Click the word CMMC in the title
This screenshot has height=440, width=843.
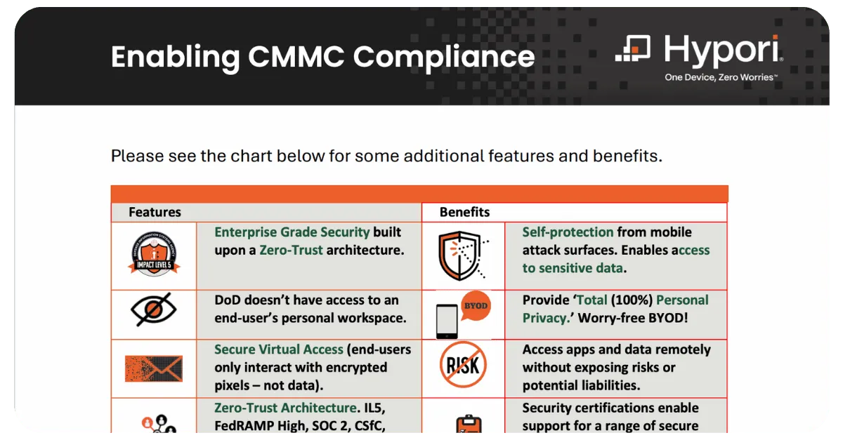[x=296, y=57]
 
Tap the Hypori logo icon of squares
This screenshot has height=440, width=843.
[x=633, y=48]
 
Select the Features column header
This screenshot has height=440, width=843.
[x=155, y=212]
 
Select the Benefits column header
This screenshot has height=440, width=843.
[x=464, y=212]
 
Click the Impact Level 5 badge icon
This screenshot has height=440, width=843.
[x=154, y=254]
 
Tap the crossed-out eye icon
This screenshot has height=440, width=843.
[x=154, y=309]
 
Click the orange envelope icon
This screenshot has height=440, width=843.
[x=154, y=368]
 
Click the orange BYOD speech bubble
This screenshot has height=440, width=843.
[x=476, y=306]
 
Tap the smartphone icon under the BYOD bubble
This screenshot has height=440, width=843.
[x=447, y=321]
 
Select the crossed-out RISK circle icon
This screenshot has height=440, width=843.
[x=463, y=365]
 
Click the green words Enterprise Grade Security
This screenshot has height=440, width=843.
[x=292, y=232]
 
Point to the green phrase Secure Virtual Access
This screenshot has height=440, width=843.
[x=279, y=349]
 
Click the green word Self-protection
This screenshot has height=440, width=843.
[x=568, y=232]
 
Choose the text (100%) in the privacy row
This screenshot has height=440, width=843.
[x=632, y=300]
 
